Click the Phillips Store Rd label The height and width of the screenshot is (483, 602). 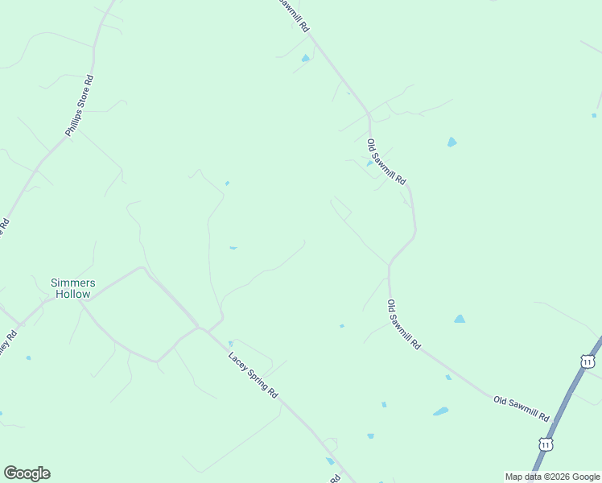pos(80,106)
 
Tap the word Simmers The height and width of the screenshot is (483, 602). pos(73,283)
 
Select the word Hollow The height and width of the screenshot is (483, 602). pos(73,294)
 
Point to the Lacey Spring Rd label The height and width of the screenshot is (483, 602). pos(253,375)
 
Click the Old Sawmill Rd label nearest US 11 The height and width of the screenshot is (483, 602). pos(522,410)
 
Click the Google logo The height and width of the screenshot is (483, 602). pos(27,473)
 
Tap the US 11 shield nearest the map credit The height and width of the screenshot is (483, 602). pos(546,444)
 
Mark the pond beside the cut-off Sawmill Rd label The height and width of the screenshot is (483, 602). pos(305,58)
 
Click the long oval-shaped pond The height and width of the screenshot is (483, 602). pos(440,411)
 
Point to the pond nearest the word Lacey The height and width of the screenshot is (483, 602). pos(230,344)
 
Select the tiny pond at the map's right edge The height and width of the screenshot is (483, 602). pos(594,115)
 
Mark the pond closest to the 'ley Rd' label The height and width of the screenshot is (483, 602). pos(28,357)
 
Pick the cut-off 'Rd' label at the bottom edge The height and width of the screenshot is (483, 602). pos(335,478)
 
